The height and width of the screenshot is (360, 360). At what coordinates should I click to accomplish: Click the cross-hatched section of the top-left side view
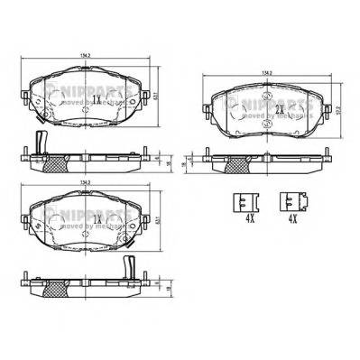(60, 163)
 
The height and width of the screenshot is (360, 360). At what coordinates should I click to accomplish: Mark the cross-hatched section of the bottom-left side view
(60, 289)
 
